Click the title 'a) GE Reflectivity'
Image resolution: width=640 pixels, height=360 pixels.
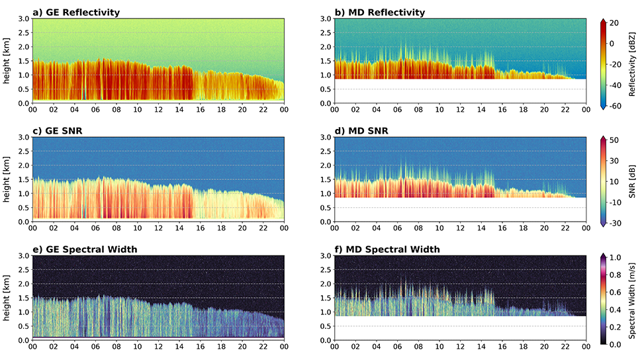pyautogui.click(x=75, y=13)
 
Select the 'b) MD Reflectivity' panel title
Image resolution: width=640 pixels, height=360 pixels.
pyautogui.click(x=379, y=13)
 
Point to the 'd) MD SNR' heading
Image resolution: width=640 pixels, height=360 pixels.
pyautogui.click(x=361, y=131)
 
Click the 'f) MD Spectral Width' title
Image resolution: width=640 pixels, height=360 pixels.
pyautogui.click(x=384, y=249)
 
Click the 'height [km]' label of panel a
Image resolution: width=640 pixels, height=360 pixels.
pyautogui.click(x=7, y=61)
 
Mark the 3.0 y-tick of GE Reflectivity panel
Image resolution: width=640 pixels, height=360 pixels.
pyautogui.click(x=23, y=19)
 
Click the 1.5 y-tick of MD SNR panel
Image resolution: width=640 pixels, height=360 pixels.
pyautogui.click(x=326, y=179)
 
